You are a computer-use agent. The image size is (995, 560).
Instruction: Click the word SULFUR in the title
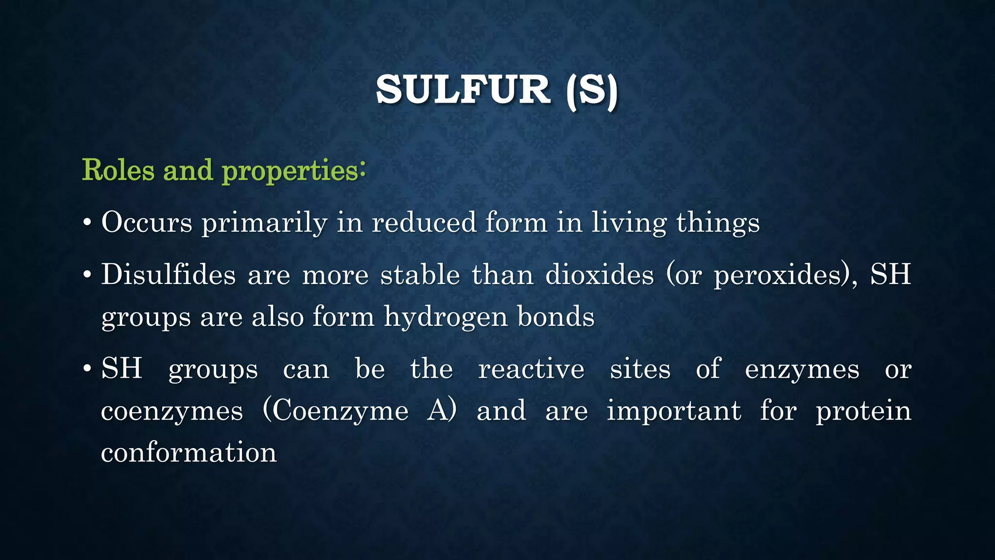pyautogui.click(x=463, y=91)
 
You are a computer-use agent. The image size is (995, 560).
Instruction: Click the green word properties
pyautogui.click(x=290, y=171)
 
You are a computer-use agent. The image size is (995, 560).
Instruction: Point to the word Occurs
pyautogui.click(x=146, y=223)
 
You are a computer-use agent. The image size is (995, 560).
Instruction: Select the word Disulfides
pyautogui.click(x=168, y=275)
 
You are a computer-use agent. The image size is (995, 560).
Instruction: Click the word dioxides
pyautogui.click(x=600, y=275)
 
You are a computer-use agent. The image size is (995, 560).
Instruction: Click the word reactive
pyautogui.click(x=531, y=369)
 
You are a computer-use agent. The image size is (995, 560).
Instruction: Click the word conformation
pyautogui.click(x=189, y=453)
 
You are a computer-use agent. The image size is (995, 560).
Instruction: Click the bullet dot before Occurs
pyautogui.click(x=87, y=224)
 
